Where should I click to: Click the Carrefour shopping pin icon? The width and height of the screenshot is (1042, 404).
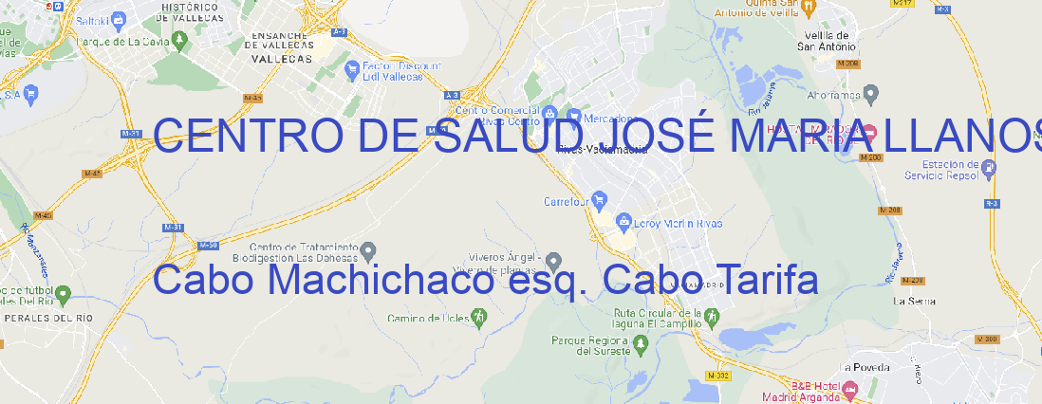coord(600,201)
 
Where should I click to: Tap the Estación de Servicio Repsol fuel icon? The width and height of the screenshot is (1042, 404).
coord(990,170)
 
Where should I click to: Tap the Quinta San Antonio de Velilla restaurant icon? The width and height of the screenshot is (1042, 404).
coord(808,8)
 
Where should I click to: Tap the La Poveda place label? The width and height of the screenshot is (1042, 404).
coord(865,367)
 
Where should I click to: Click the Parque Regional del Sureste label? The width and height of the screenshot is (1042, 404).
coord(590,345)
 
